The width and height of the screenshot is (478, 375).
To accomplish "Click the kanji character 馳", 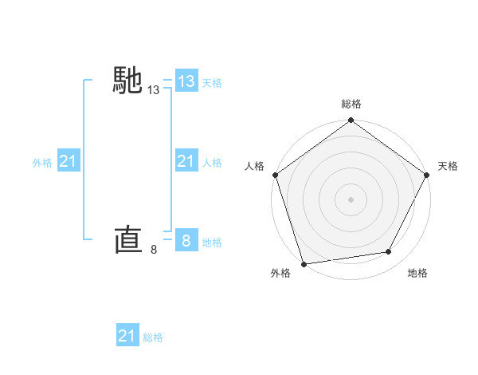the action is point(128,81).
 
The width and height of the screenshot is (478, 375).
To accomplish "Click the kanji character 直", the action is point(128,239).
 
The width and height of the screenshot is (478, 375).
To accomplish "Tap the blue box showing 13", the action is point(186,81).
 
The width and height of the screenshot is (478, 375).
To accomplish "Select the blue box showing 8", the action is point(186,241).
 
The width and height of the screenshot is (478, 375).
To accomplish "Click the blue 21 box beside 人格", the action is point(186,162).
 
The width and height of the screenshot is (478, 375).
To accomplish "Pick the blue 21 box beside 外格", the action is point(68,162).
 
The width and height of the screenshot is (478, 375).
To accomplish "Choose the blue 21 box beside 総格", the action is point(127,336).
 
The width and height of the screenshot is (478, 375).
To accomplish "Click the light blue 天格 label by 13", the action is point(212,82).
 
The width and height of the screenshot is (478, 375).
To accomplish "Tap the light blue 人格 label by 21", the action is point(212,163).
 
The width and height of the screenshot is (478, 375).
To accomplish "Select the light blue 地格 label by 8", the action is point(212,242).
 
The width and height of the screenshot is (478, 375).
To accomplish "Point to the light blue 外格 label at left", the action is point(42,163).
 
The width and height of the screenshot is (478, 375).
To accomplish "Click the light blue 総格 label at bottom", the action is point(153,337).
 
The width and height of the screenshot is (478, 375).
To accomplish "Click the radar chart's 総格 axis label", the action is point(351,104).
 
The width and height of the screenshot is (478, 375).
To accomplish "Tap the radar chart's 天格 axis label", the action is point(448,166).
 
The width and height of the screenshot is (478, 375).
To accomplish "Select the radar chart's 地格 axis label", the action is point(417,273).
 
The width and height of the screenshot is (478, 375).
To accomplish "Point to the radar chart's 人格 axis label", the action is point(255,166).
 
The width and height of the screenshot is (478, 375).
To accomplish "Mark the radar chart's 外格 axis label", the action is point(280,273).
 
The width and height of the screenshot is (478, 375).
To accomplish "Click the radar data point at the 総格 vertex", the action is point(351,121).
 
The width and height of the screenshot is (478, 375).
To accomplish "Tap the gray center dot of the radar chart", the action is point(351,199).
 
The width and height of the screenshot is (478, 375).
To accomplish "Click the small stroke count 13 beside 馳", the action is point(154,91).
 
